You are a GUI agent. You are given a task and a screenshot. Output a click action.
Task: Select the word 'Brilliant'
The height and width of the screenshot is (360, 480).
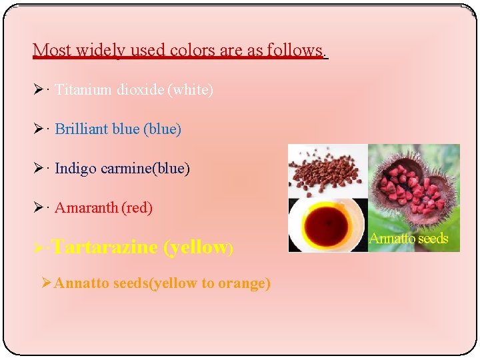82,129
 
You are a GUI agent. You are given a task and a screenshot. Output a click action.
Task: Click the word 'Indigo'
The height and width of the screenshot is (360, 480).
75,169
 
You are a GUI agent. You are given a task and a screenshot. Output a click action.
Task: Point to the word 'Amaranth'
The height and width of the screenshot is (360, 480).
86,208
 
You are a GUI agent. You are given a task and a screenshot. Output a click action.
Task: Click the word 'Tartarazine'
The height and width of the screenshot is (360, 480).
105,247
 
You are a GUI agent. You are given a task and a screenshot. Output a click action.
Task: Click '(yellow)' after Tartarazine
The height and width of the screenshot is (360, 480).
197,247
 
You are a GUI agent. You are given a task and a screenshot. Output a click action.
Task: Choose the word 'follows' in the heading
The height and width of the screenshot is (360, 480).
294,50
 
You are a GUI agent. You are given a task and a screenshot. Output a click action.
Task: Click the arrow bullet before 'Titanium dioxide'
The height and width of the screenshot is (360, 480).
42,90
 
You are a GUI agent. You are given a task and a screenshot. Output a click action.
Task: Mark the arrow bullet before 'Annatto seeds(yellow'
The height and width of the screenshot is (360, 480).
46,283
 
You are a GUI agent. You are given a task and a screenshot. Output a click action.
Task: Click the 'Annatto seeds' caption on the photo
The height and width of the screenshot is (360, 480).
409,239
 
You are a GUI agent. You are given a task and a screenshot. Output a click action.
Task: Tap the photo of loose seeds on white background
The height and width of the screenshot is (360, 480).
327,171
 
